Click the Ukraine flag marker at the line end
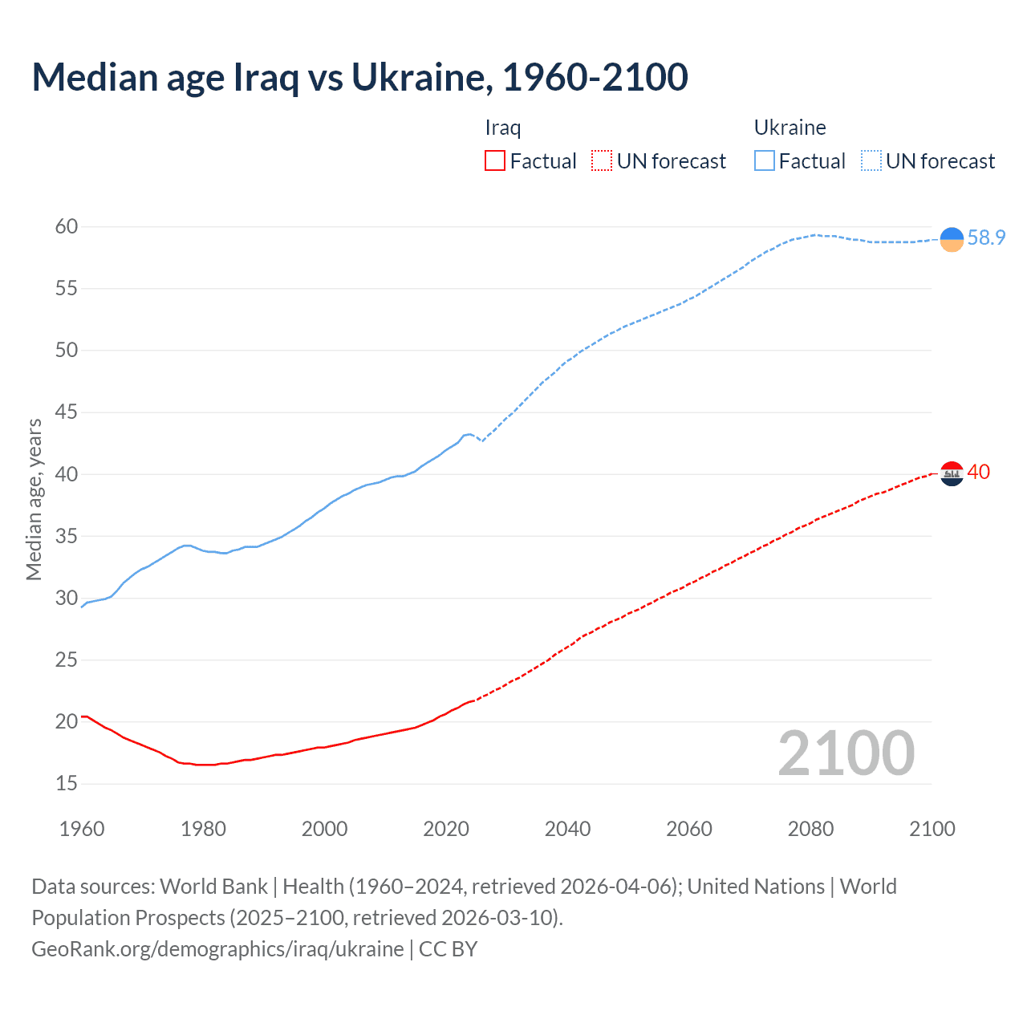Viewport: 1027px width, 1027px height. point(952,239)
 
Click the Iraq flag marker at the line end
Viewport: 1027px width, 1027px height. point(952,474)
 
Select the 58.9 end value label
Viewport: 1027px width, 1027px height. point(986,238)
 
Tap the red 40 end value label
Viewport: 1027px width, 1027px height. point(979,473)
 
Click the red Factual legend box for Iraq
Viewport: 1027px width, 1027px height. point(495,161)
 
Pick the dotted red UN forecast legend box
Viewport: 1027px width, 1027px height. point(602,161)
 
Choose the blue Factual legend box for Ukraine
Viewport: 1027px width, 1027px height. point(764,161)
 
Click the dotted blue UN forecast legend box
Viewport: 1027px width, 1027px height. point(871,161)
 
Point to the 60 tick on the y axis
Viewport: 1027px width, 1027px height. point(67,227)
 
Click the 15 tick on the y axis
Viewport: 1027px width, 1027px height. point(67,783)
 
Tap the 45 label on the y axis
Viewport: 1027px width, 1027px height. point(67,412)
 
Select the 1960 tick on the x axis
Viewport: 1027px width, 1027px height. point(82,829)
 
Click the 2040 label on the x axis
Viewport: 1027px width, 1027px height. point(567,829)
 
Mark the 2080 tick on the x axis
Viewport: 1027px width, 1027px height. point(810,829)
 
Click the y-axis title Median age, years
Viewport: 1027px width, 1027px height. point(34,499)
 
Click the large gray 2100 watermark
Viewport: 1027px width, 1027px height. point(846,753)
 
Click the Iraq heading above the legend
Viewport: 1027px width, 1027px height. point(503,128)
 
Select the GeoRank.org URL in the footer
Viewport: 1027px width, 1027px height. point(217,949)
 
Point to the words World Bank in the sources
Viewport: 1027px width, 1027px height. point(213,887)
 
